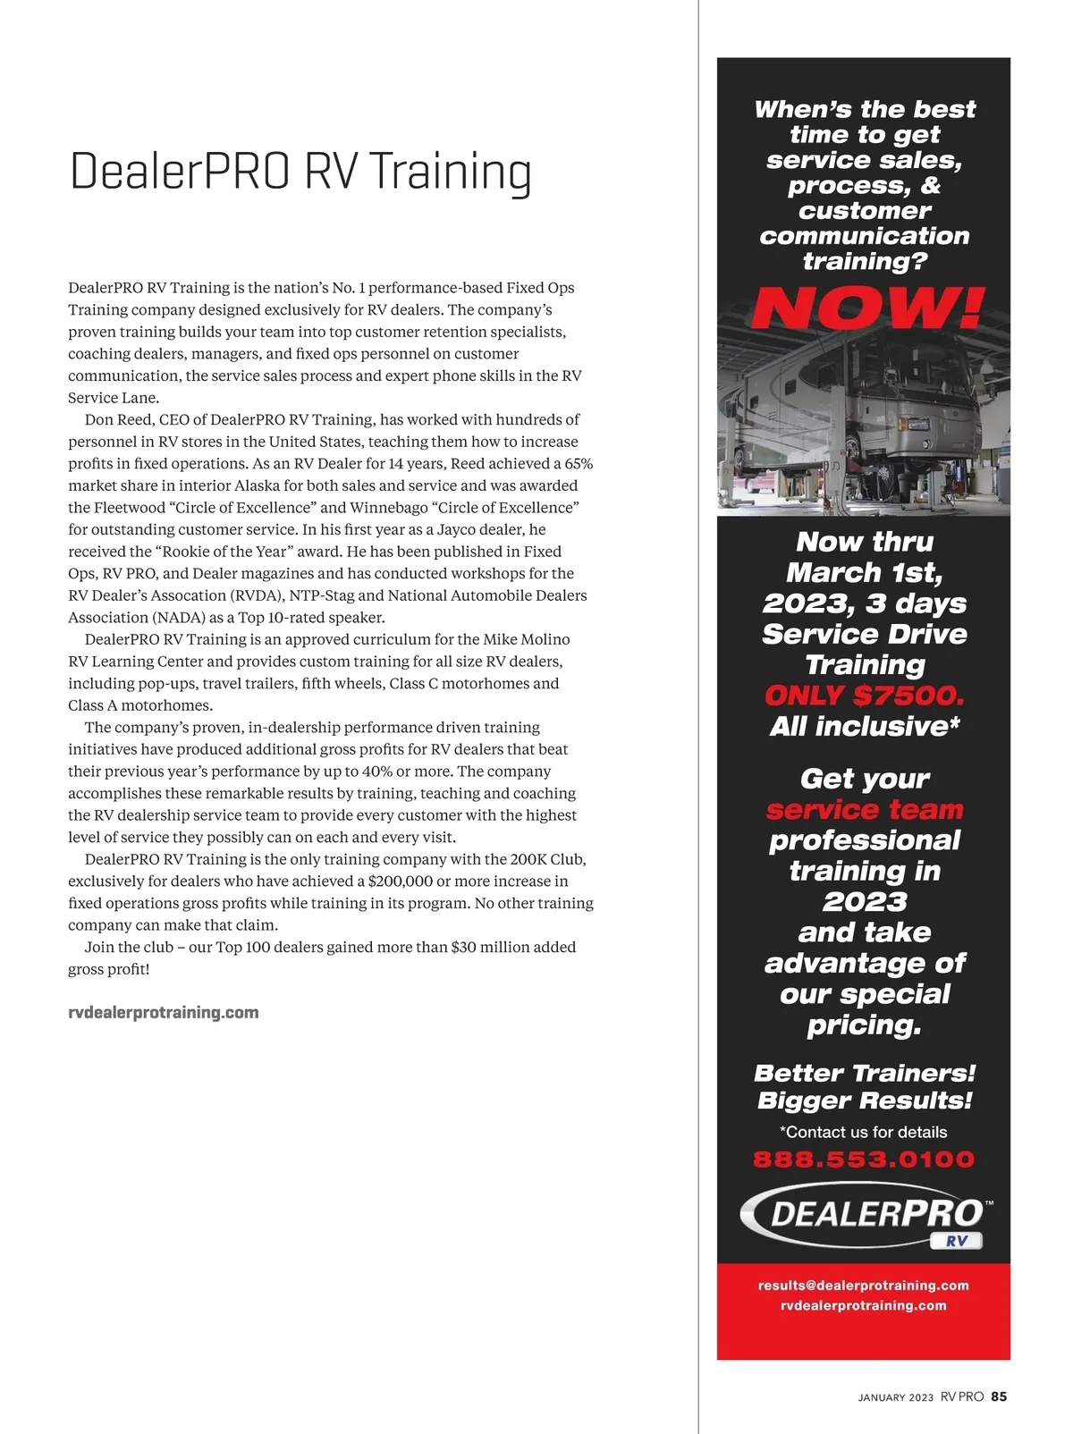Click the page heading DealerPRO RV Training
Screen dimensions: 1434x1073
[x=300, y=171]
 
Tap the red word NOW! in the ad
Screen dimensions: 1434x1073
[x=866, y=308]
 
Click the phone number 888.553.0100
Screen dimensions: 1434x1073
[x=863, y=1160]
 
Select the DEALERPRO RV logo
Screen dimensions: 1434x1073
[x=865, y=1215]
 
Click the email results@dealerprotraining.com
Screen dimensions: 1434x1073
[x=863, y=1286]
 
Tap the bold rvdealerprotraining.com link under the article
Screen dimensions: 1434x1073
[x=164, y=1013]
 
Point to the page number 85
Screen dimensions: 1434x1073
[x=999, y=1396]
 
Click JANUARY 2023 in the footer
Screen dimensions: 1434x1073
[x=895, y=1397]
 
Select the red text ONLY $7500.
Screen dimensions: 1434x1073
[x=864, y=696]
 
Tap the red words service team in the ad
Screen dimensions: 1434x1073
[x=864, y=810]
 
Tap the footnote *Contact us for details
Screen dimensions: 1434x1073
[x=863, y=1132]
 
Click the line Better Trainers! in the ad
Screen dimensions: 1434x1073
[x=864, y=1073]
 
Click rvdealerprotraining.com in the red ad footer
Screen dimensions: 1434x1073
[x=863, y=1305]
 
